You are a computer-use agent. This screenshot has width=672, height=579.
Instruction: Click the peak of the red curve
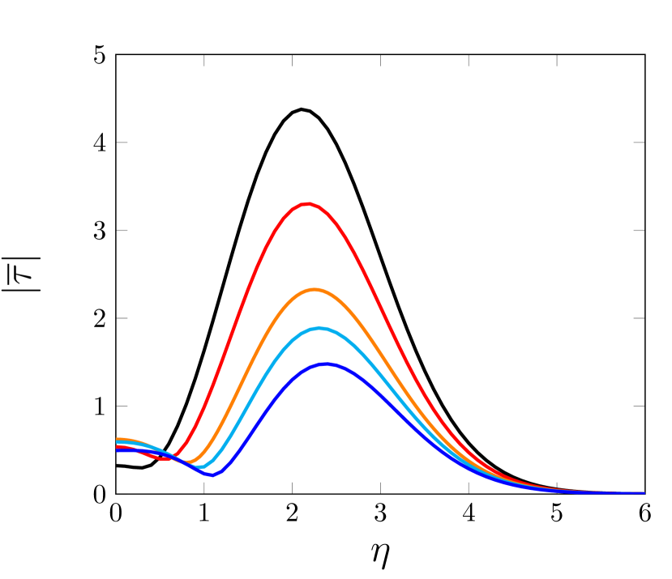point(307,204)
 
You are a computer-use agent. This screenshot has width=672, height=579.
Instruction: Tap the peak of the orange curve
point(315,289)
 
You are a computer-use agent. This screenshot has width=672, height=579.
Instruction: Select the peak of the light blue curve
point(320,328)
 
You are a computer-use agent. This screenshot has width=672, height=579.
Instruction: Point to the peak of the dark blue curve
point(326,364)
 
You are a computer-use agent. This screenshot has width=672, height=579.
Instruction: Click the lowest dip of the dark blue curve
point(212,475)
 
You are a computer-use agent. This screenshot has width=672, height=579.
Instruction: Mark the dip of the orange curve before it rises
point(189,462)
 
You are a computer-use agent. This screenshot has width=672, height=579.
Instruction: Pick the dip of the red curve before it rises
point(165,458)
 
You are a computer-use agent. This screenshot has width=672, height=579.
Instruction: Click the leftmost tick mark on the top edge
point(204,61)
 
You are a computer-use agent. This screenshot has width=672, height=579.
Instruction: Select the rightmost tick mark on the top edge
point(557,61)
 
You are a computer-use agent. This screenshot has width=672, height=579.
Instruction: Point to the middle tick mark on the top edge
point(380,61)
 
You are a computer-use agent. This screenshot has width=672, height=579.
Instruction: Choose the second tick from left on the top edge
point(292,61)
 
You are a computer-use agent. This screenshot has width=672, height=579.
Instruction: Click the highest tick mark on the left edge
point(122,143)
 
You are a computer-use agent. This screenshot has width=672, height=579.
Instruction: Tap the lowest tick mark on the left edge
point(122,406)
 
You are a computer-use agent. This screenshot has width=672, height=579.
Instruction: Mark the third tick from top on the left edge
point(122,318)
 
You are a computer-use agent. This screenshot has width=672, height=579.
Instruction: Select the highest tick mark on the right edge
point(639,143)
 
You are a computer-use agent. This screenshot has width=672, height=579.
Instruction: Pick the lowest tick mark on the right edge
point(639,406)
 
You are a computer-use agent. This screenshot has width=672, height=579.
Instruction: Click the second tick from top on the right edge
point(639,230)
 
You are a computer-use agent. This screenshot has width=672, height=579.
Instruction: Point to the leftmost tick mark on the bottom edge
point(204,487)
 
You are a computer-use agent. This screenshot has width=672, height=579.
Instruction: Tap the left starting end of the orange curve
point(118,439)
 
